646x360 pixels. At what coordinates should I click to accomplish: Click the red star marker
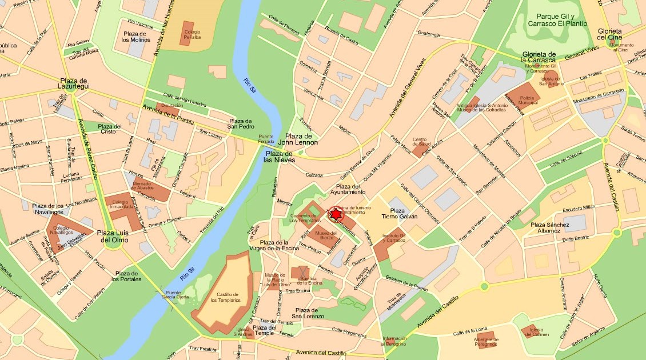[336, 214]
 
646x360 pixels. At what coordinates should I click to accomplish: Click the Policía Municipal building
[524, 96]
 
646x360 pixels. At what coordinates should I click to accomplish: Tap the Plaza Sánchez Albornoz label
[549, 228]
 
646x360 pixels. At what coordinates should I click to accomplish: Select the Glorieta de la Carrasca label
[539, 57]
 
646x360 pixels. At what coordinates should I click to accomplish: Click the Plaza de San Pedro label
[240, 124]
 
